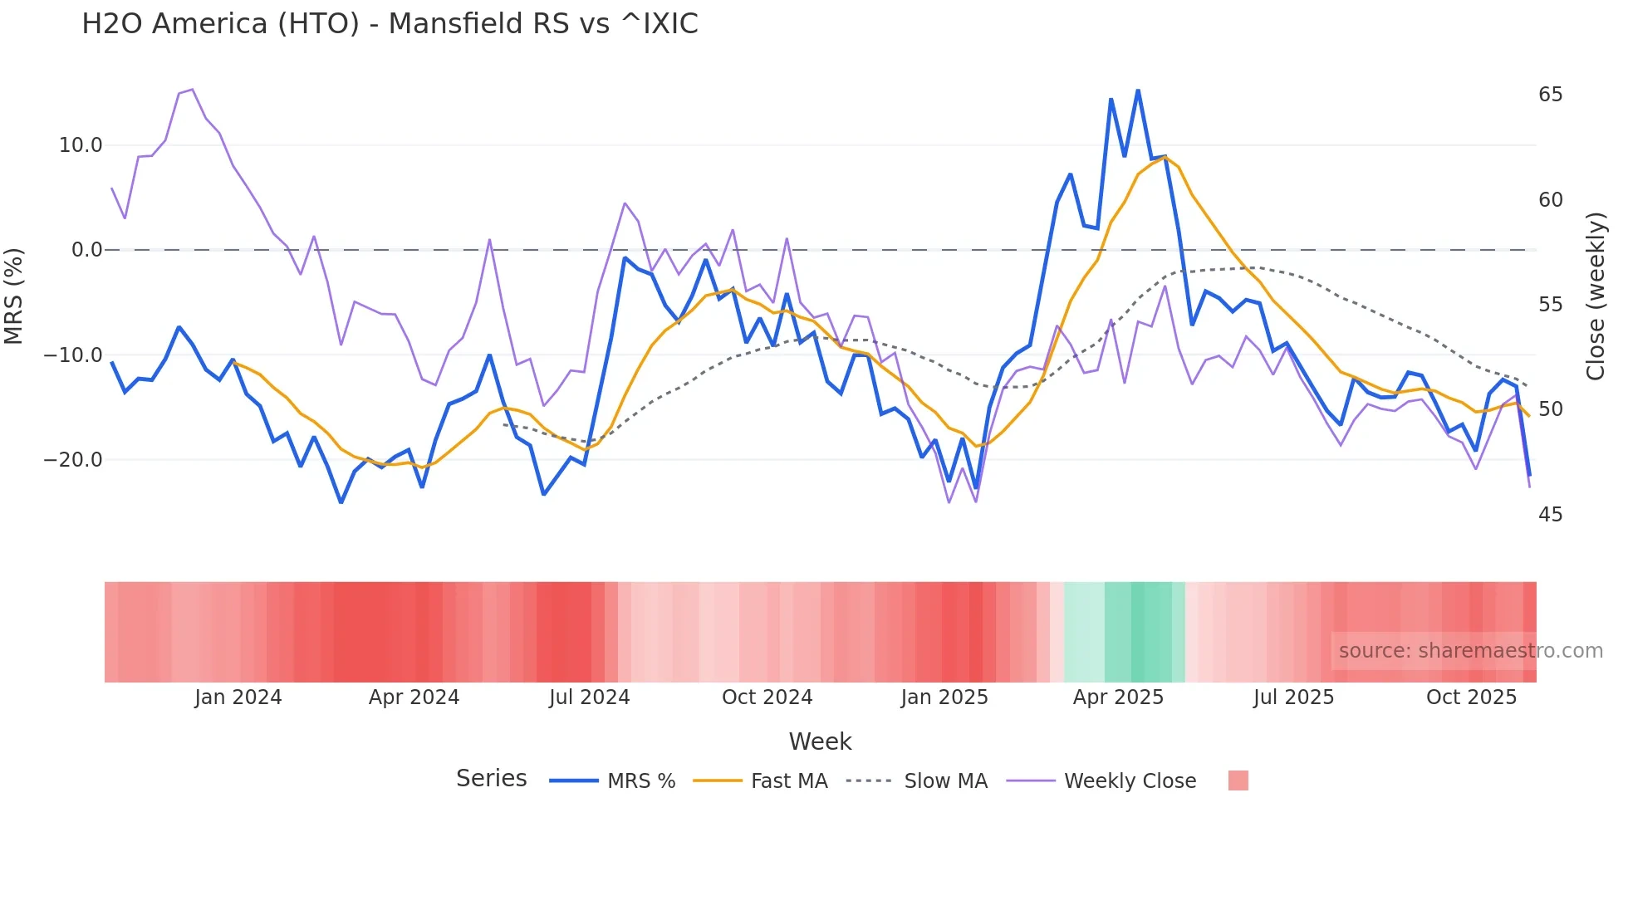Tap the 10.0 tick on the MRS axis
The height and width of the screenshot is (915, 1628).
click(x=81, y=145)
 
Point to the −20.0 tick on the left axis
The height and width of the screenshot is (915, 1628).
click(x=73, y=460)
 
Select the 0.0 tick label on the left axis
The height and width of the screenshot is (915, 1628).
click(x=86, y=250)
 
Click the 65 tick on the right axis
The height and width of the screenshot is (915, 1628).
click(x=1550, y=95)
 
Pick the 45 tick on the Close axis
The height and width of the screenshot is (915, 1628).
click(x=1550, y=515)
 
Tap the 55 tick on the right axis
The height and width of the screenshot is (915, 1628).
click(x=1550, y=305)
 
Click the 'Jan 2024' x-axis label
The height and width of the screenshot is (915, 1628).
click(x=238, y=697)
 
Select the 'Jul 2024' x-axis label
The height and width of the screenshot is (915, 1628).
click(x=590, y=697)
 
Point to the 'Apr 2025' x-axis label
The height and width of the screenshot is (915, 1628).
click(x=1118, y=697)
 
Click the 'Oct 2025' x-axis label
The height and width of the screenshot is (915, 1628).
click(x=1471, y=697)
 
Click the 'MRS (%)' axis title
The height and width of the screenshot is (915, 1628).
click(x=14, y=296)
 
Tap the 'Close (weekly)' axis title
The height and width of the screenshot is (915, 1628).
click(x=1596, y=296)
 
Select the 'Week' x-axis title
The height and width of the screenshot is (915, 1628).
click(x=820, y=741)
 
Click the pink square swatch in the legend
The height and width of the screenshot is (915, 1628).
click(x=1238, y=780)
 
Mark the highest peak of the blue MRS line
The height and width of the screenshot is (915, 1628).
click(x=1138, y=91)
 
